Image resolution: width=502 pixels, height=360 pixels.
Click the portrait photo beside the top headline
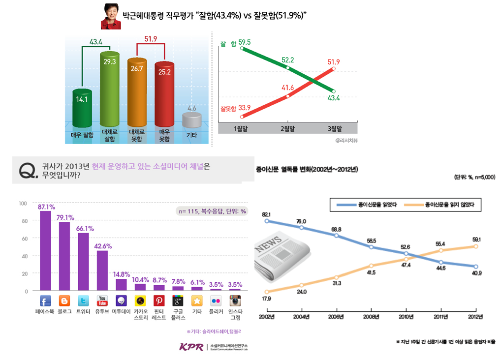(x=111, y=16)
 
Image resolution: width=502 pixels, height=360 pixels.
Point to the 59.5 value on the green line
(x=245, y=43)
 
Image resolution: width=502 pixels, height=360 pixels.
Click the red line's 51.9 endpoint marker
(x=335, y=69)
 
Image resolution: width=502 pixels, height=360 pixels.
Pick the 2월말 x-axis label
(x=288, y=129)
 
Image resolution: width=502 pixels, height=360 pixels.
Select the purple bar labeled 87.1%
(x=45, y=251)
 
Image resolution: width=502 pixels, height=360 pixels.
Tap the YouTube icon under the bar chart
(x=102, y=300)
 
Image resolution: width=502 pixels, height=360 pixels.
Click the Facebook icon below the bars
(x=45, y=300)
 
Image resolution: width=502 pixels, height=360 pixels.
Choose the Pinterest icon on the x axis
(x=159, y=300)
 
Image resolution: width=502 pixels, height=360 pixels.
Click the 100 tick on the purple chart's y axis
(x=23, y=203)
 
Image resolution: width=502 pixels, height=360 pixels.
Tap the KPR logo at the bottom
(x=191, y=347)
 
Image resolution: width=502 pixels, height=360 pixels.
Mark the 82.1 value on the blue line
(x=266, y=214)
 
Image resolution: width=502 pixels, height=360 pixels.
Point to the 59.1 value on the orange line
(x=476, y=240)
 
